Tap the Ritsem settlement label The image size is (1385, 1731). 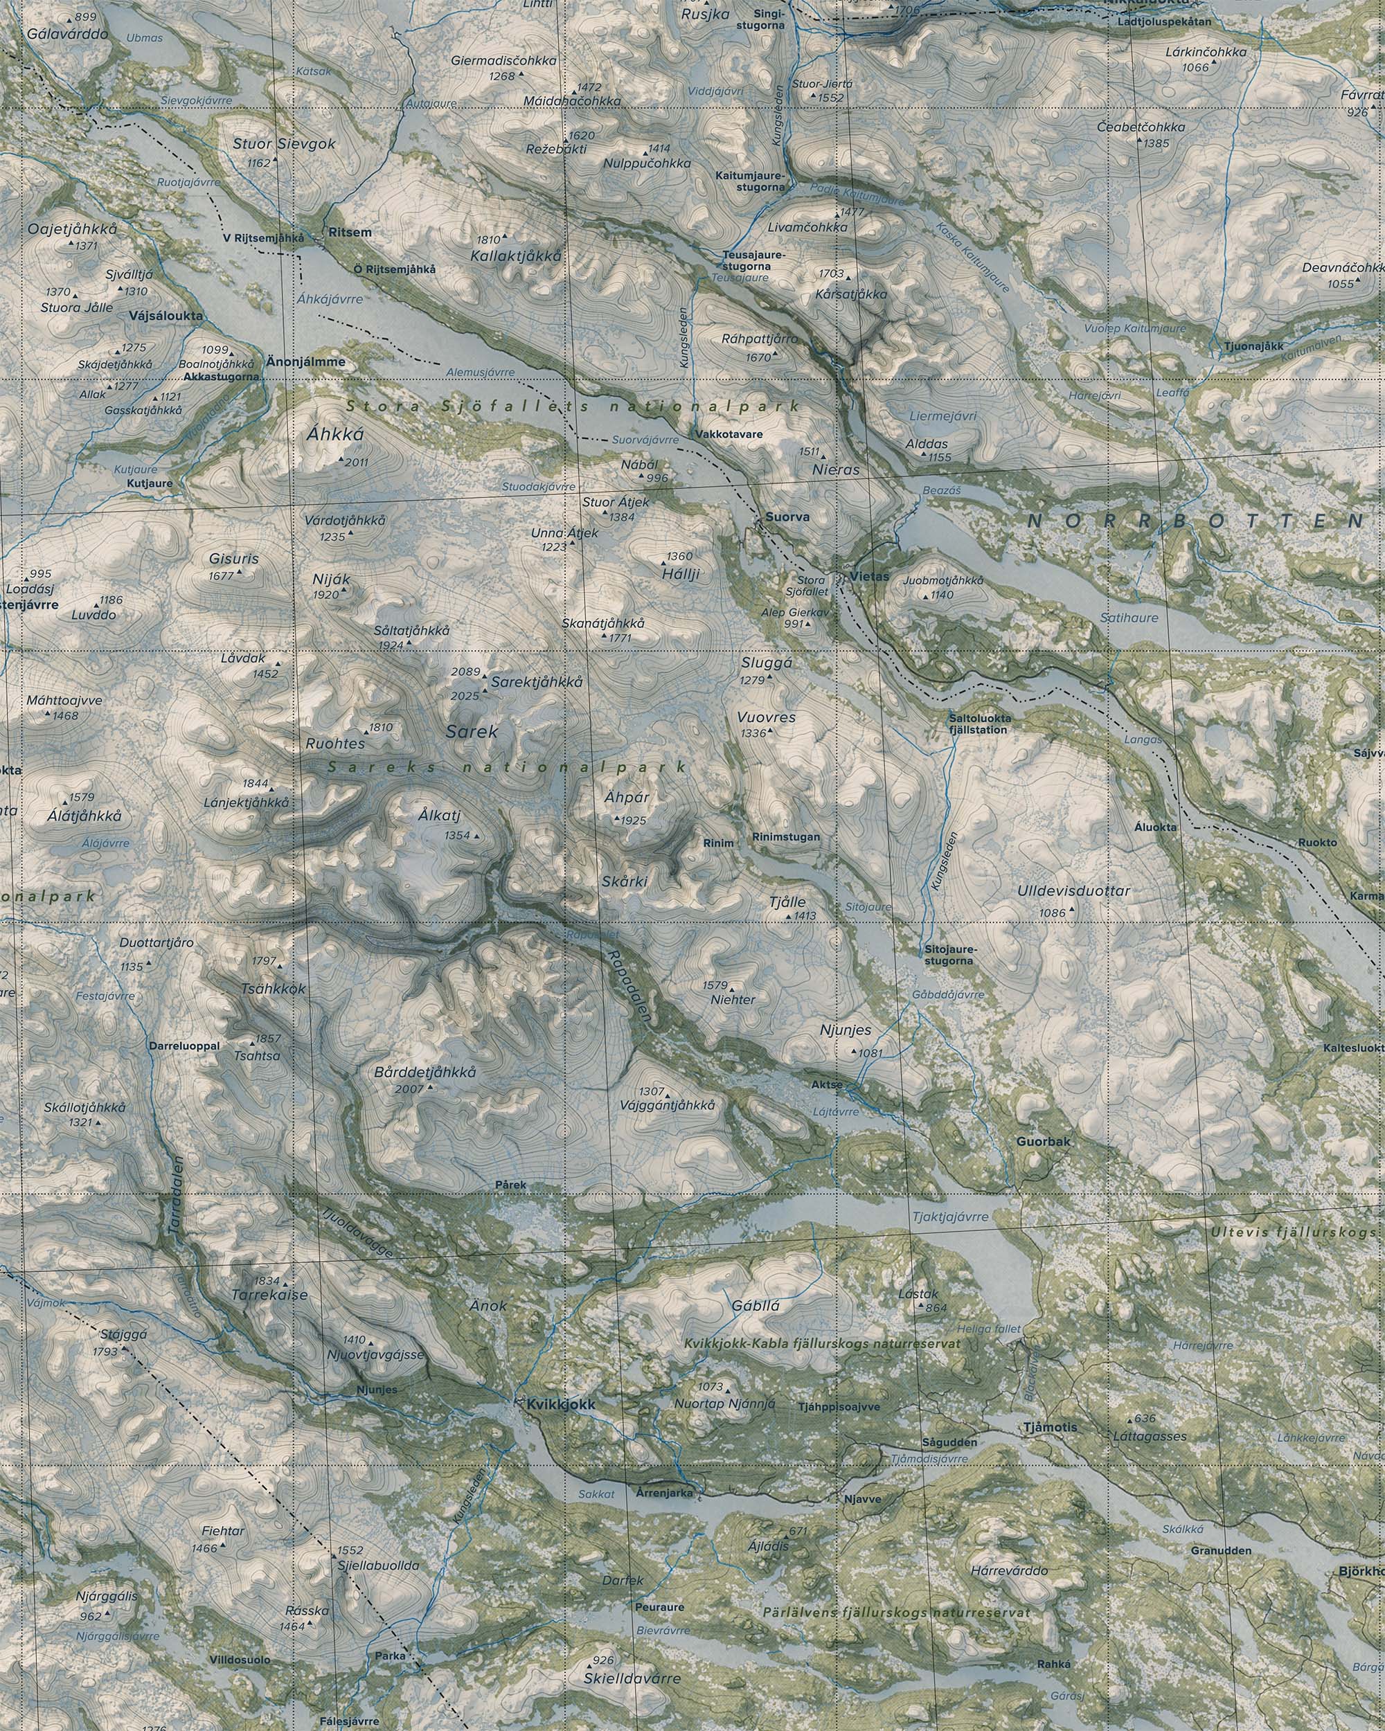click(x=350, y=233)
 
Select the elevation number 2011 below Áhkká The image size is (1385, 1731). click(x=356, y=463)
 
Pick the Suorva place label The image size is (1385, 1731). click(x=787, y=517)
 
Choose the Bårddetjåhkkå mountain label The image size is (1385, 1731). click(x=425, y=1073)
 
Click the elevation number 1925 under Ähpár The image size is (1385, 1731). click(x=634, y=820)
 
